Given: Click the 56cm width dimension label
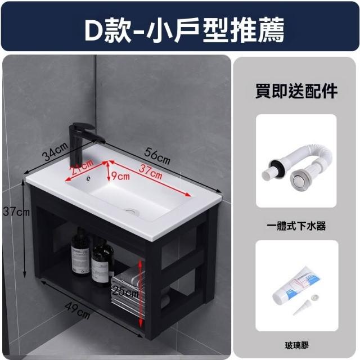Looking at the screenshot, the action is (157, 156).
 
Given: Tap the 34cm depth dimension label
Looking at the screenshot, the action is (56, 151).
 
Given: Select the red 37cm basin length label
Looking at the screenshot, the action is (150, 172).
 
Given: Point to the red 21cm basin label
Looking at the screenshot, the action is (82, 167).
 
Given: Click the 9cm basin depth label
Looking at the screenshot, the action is (120, 176).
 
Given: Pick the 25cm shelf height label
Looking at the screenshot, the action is (125, 292).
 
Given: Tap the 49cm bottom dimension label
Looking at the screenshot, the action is (78, 310).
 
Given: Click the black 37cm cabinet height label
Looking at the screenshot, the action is (16, 212).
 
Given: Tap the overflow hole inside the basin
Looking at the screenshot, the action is (88, 178).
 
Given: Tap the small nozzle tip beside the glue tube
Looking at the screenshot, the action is (301, 308).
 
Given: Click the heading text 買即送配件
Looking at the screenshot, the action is (296, 91).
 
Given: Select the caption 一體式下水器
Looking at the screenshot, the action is (296, 226).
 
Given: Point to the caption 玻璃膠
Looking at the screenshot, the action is (296, 345).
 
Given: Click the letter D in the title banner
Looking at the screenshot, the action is (94, 30).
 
